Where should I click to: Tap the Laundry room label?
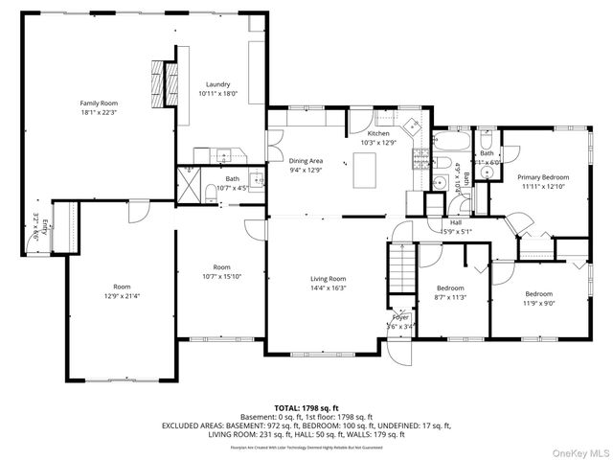tap(216, 84)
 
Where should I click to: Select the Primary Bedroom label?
tap(543, 177)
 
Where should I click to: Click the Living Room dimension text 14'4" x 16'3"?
tap(328, 287)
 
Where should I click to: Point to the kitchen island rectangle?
tap(364, 173)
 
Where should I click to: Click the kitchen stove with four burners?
tap(419, 158)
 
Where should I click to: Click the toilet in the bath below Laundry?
tap(210, 193)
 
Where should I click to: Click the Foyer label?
tap(400, 317)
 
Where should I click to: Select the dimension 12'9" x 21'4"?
tap(122, 296)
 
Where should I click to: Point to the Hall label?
tap(456, 221)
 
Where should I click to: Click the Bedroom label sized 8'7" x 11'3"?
tap(450, 288)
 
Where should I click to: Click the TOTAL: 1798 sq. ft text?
tap(307, 407)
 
